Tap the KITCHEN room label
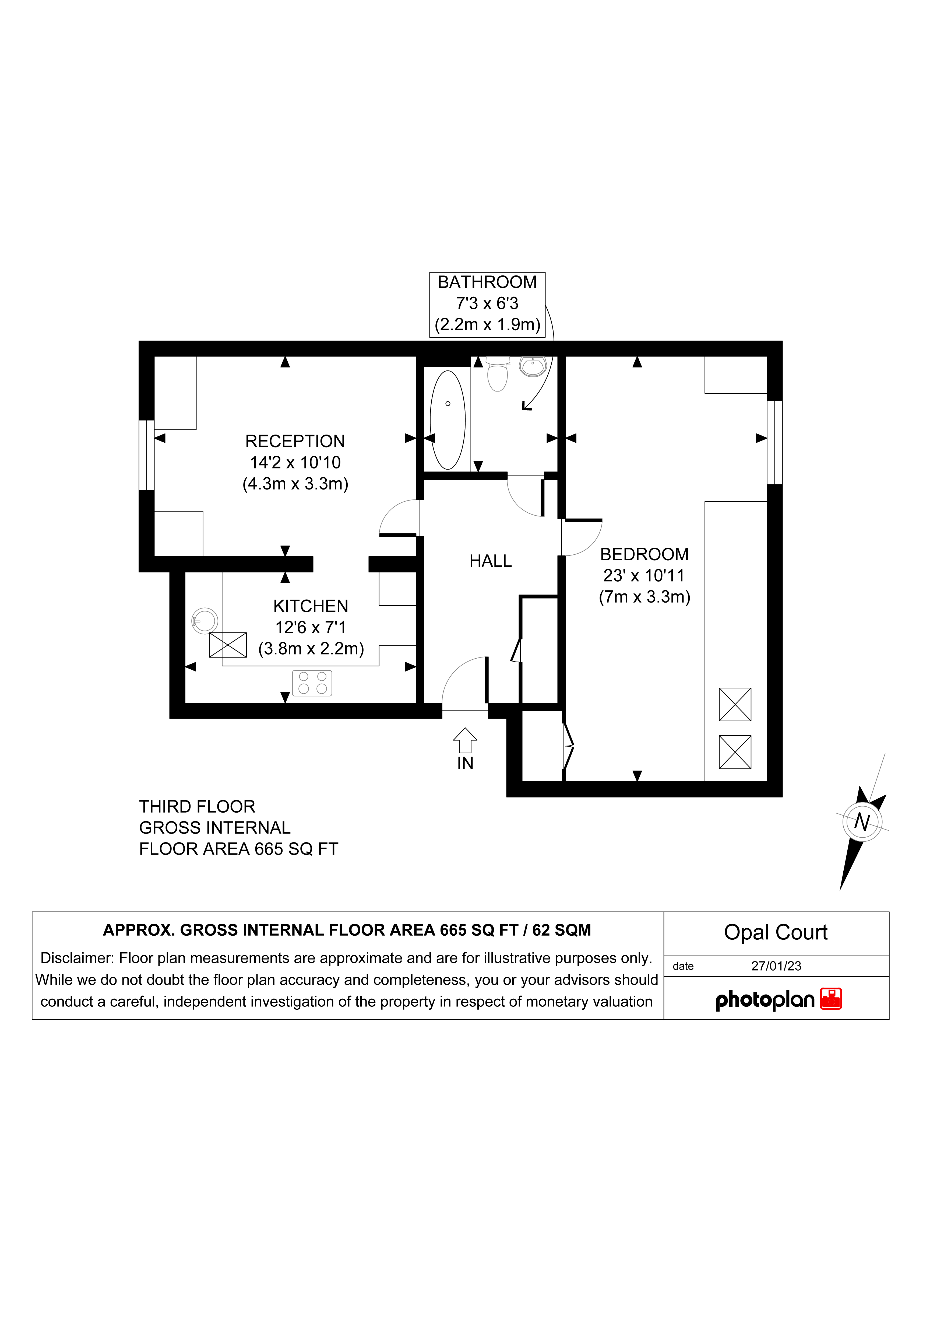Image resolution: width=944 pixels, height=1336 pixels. pos(311,606)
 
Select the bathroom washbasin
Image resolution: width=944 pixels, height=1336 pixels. pos(533,366)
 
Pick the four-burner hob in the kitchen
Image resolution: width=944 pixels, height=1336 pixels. pos(312,683)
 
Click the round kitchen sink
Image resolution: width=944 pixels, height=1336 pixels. pos(205,621)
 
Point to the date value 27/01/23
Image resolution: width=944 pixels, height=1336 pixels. pos(776,967)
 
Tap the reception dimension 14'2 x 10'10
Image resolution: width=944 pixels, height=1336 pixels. pos(295,463)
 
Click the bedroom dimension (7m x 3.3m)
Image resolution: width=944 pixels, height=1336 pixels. pos(644,597)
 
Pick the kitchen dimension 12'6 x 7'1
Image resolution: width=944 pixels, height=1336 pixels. pos(311,627)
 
